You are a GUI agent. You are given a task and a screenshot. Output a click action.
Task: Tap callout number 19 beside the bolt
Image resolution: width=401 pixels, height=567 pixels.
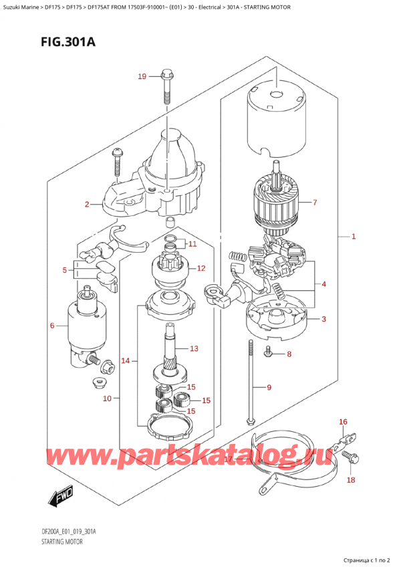142,77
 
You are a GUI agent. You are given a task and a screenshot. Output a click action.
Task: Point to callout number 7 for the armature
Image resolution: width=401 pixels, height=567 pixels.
315,202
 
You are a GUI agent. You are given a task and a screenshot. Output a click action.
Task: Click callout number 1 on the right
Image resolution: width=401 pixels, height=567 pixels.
354,237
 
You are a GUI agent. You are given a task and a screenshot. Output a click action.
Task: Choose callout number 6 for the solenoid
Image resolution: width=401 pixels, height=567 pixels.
51,326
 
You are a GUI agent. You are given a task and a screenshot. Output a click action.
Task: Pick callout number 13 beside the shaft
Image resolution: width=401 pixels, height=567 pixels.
194,348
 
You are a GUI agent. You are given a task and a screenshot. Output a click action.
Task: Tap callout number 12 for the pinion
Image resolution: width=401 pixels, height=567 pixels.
200,268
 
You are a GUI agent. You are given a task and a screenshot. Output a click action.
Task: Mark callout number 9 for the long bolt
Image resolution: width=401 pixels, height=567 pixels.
269,387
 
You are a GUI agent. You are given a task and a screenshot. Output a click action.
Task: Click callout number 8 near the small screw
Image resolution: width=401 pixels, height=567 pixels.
289,354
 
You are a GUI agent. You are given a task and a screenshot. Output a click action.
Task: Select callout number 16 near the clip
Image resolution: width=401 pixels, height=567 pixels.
343,421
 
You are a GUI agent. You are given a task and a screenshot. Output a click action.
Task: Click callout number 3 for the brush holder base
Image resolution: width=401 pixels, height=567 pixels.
323,319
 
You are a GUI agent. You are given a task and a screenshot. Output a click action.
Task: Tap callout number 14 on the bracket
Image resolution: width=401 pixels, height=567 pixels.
125,361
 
